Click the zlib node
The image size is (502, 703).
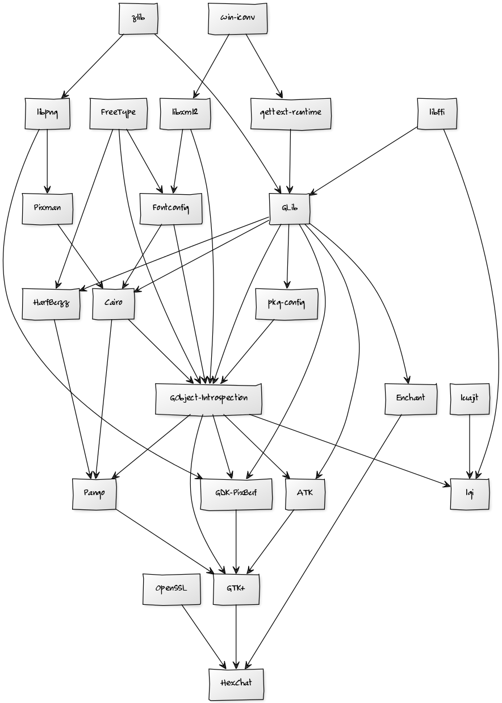pos(138,18)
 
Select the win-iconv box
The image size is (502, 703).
pos(237,18)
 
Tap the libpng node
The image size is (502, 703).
pos(47,113)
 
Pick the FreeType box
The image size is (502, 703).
pos(118,113)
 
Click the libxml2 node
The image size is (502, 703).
pos(185,113)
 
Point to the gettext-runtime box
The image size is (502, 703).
pos(291,113)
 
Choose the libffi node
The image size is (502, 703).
pos(437,113)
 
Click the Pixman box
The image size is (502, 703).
pos(47,208)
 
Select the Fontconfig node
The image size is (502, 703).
pos(170,208)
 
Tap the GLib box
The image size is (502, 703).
pos(289,208)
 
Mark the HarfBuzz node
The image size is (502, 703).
pos(51,303)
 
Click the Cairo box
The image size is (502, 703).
pos(113,303)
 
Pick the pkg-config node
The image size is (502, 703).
pos(286,303)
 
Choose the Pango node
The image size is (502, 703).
pos(94,493)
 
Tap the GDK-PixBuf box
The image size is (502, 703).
pos(236,493)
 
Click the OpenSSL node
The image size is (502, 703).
pos(171,589)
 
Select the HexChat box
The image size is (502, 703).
pos(236,684)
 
